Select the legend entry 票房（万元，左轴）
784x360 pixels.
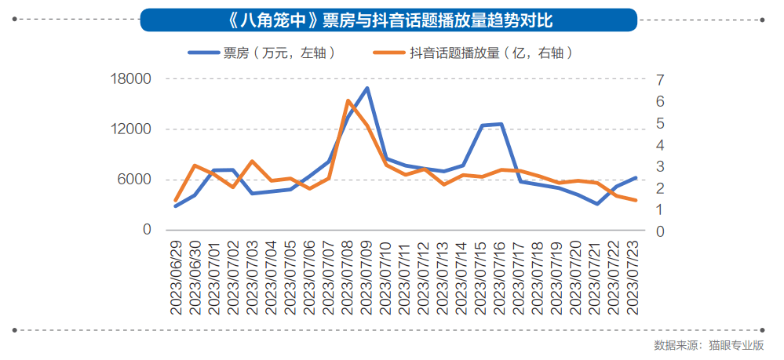pos(263,53)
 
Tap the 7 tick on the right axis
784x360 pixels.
pos(660,79)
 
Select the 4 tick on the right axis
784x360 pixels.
pos(660,145)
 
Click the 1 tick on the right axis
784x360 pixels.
pos(660,210)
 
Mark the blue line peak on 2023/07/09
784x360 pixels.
pos(366,88)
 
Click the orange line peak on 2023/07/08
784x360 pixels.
pos(348,100)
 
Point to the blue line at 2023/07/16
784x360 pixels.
pos(501,124)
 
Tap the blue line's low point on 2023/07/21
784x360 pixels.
pos(597,204)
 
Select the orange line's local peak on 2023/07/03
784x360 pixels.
pos(252,161)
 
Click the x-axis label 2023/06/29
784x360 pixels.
pos(176,278)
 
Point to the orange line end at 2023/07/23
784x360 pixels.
pos(636,200)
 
